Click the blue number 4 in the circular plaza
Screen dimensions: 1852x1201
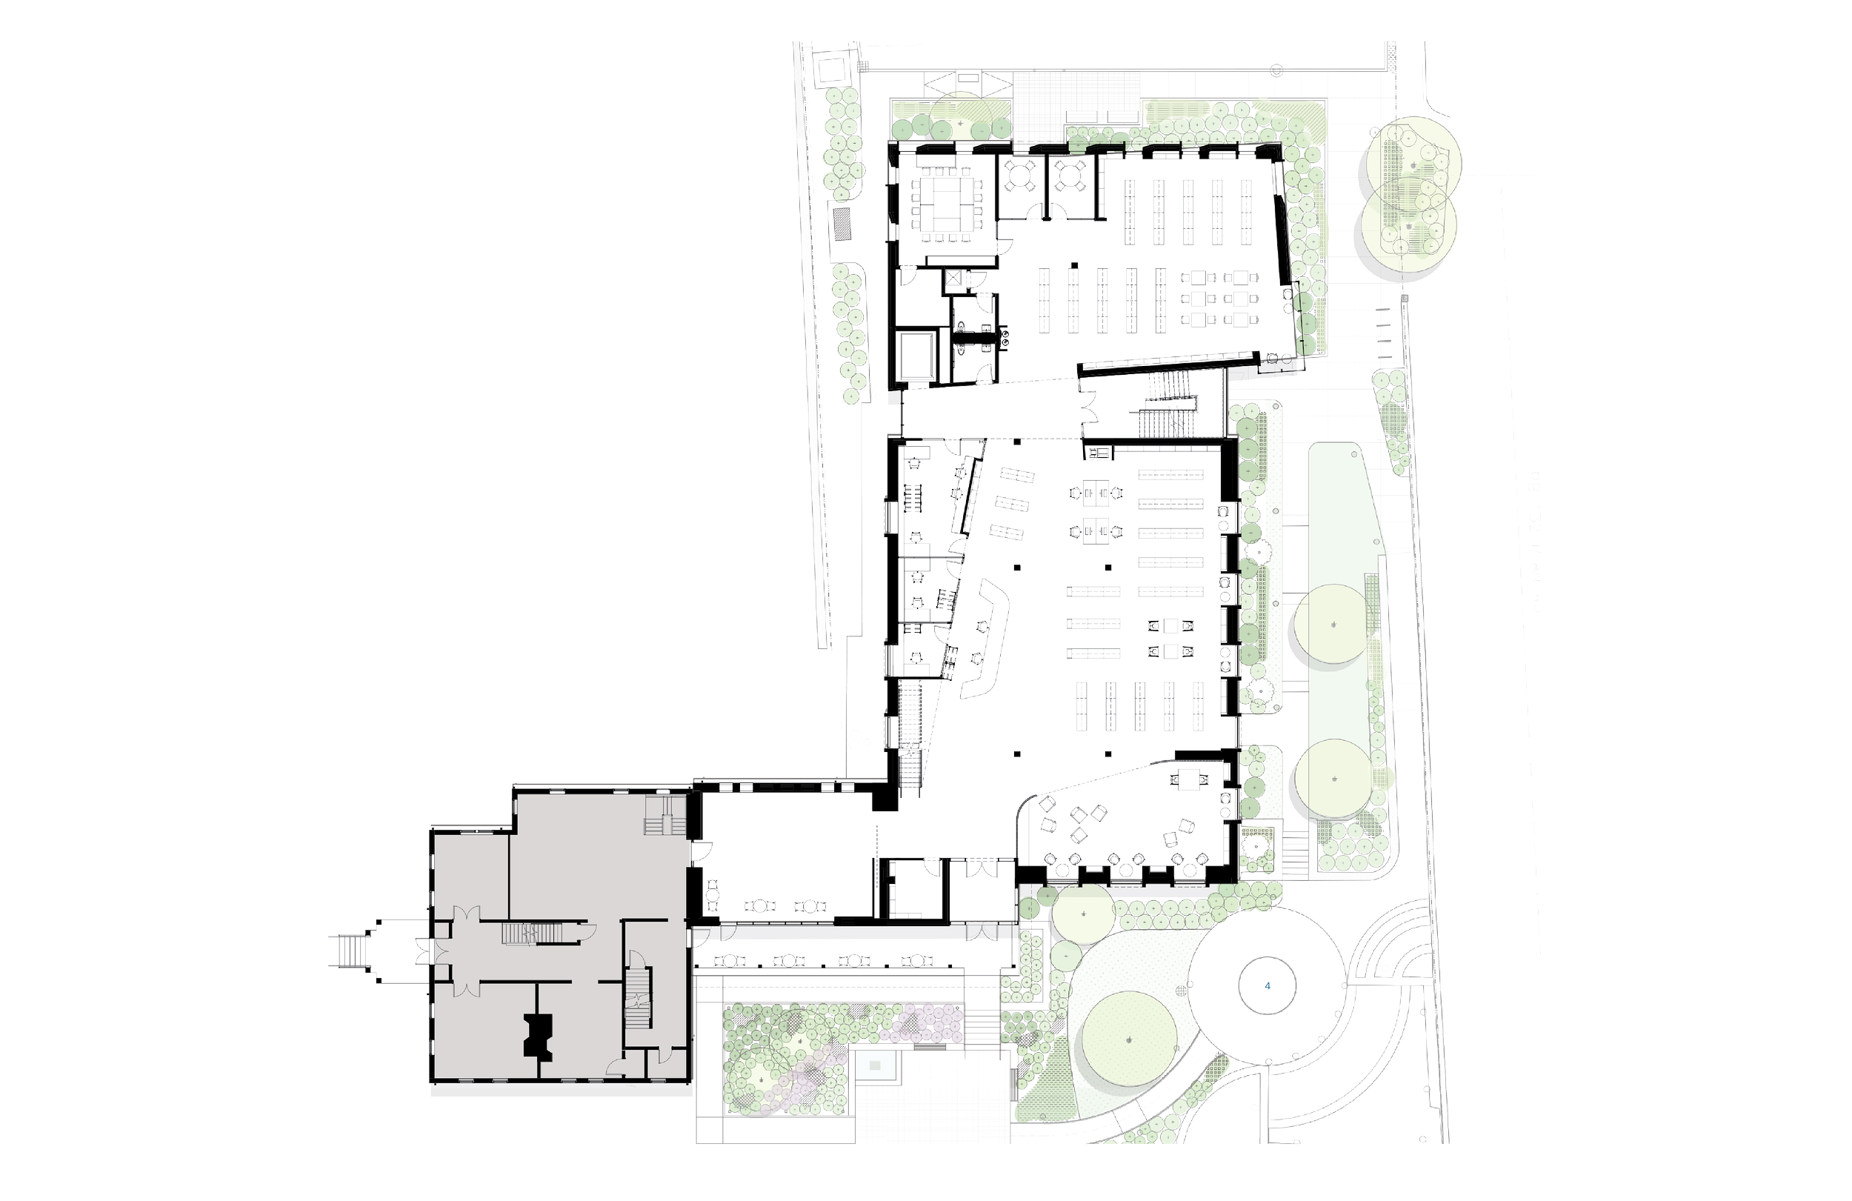1268,985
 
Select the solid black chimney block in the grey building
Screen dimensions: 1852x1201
539,1035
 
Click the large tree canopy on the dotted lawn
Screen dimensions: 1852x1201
1128,1041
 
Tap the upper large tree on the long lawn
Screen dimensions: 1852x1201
1333,625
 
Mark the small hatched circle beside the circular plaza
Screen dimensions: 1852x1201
1182,991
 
